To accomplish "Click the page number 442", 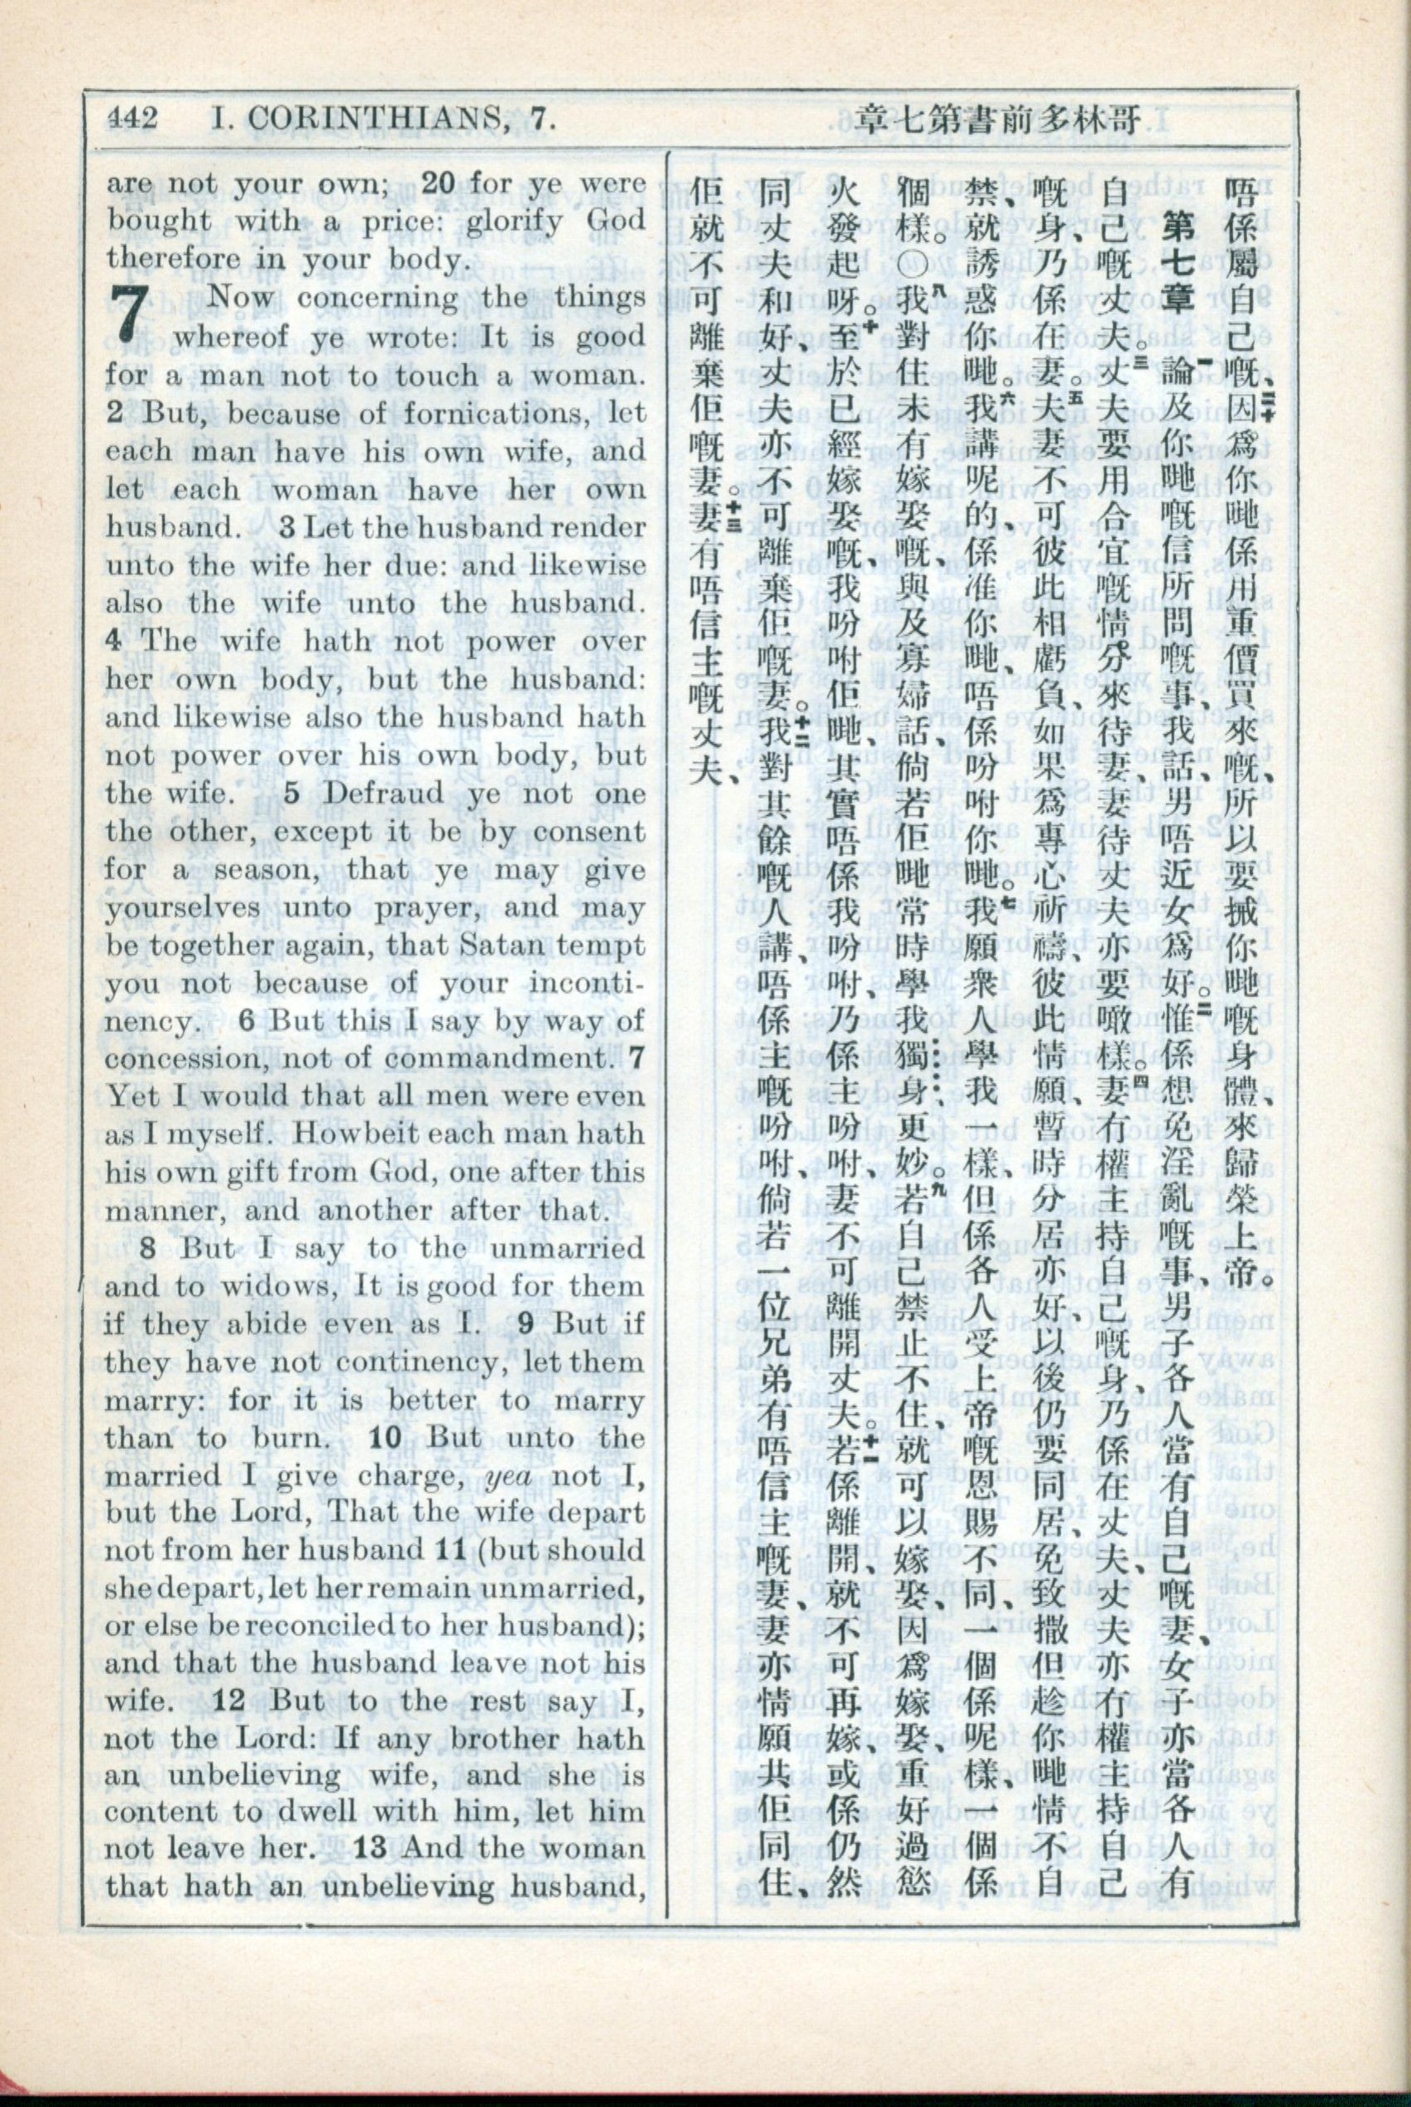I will (x=133, y=118).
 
